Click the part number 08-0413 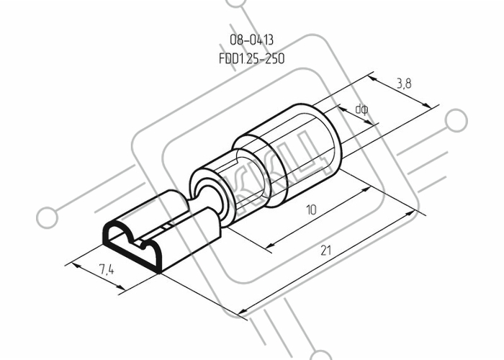(x=252, y=40)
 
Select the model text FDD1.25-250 (x=252, y=59)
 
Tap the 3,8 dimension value (x=404, y=84)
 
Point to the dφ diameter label (x=362, y=109)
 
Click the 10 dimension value (x=312, y=210)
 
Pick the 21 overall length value (x=325, y=250)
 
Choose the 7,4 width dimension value (x=107, y=269)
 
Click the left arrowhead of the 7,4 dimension (x=76, y=266)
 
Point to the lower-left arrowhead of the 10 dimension (x=270, y=245)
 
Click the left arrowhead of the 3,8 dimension (x=373, y=78)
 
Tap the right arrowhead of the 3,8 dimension (x=426, y=106)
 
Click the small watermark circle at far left (x=48, y=217)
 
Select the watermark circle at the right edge (x=456, y=120)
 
